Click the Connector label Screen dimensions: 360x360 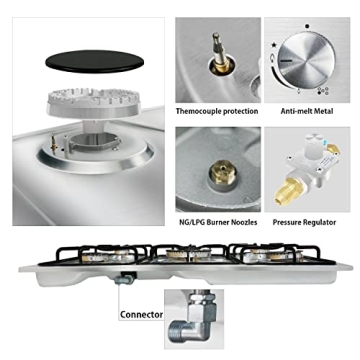tap(143, 314)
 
